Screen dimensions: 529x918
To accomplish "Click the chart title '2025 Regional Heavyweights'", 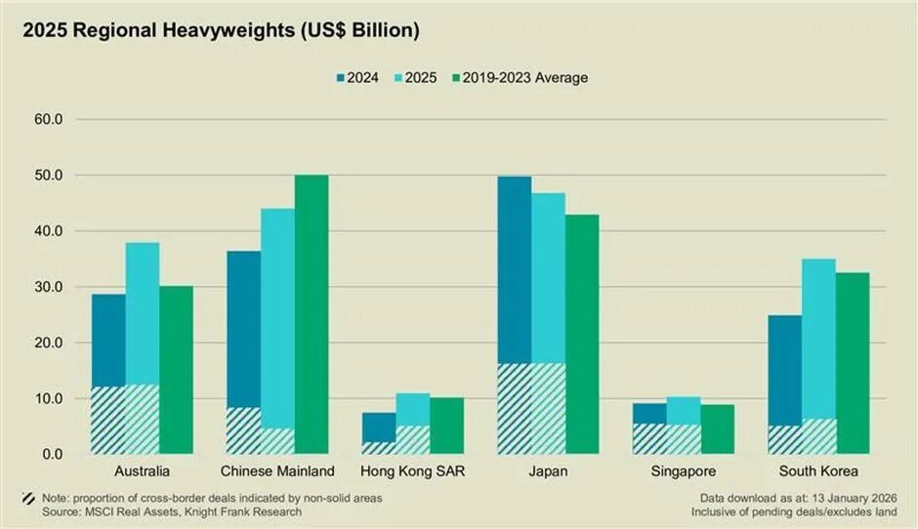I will pyautogui.click(x=221, y=31).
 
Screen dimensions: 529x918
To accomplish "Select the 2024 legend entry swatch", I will pyautogui.click(x=342, y=77).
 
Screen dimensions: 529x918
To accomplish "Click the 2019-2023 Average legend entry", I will pyautogui.click(x=518, y=77).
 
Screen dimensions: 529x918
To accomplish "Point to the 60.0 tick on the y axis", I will pyautogui.click(x=48, y=120).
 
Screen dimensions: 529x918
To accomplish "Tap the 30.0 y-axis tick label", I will pyautogui.click(x=48, y=287).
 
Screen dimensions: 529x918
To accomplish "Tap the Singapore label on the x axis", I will pyautogui.click(x=684, y=471).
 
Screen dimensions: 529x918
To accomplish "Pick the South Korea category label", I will pyautogui.click(x=818, y=471).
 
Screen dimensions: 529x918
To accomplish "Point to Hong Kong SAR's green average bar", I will pyautogui.click(x=447, y=426).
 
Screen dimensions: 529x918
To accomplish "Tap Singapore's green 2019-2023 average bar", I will pyautogui.click(x=717, y=429).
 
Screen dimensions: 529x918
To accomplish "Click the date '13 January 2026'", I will pyautogui.click(x=853, y=498).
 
